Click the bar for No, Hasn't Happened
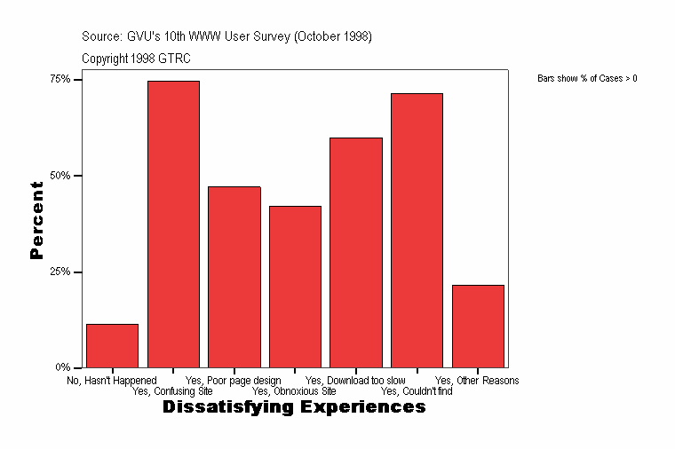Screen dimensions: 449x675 pyautogui.click(x=112, y=345)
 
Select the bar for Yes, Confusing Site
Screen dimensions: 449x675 pyautogui.click(x=173, y=224)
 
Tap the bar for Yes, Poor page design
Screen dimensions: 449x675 pyautogui.click(x=234, y=276)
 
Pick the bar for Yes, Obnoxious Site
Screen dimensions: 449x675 pyautogui.click(x=295, y=286)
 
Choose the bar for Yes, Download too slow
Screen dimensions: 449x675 pyautogui.click(x=355, y=252)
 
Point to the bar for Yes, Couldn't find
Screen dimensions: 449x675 pyautogui.click(x=417, y=230)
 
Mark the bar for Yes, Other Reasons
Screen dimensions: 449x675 pyautogui.click(x=478, y=326)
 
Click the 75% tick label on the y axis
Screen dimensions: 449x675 pyautogui.click(x=60, y=79)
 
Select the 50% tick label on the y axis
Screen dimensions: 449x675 pyautogui.click(x=60, y=176)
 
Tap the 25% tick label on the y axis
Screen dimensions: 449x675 pyautogui.click(x=60, y=272)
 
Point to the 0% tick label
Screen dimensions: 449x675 pyautogui.click(x=63, y=367)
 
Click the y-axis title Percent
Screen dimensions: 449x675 pyautogui.click(x=36, y=220)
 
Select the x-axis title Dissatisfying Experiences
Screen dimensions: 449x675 pyautogui.click(x=294, y=407)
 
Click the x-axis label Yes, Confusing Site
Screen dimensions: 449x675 pyautogui.click(x=172, y=390)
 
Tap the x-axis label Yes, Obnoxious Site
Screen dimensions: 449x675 pyautogui.click(x=294, y=390)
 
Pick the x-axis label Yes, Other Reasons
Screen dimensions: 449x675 pyautogui.click(x=477, y=381)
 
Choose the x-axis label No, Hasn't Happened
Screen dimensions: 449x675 pyautogui.click(x=112, y=381)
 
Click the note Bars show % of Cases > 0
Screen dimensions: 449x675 pyautogui.click(x=587, y=79)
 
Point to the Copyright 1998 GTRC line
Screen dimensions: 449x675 pyautogui.click(x=136, y=59)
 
